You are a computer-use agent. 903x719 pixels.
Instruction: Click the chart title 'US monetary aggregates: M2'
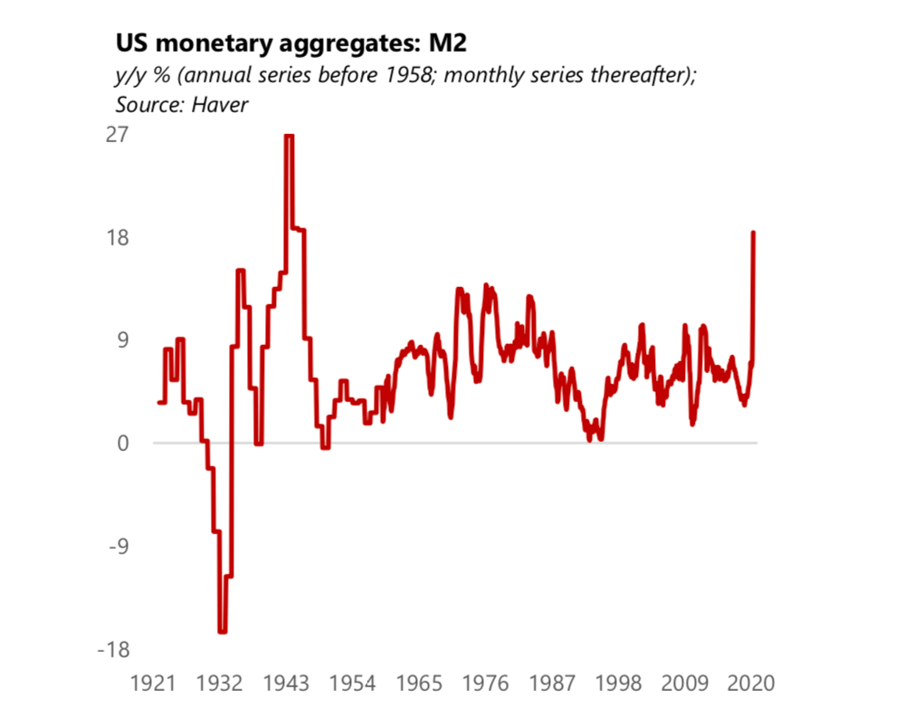[x=290, y=43]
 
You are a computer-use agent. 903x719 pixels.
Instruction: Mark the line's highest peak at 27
[x=289, y=136]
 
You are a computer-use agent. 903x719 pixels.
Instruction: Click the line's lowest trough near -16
[x=222, y=631]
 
